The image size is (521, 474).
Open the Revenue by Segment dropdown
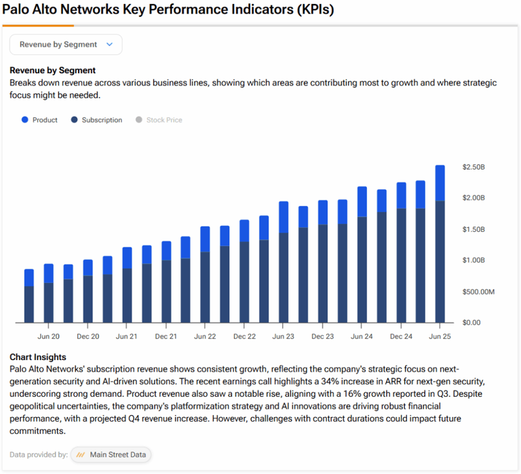click(66, 45)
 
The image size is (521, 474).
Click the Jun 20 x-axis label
click(48, 336)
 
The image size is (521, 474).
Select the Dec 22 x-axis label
click(244, 336)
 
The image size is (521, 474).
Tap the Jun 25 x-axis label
click(440, 336)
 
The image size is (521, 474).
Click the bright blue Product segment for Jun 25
click(440, 183)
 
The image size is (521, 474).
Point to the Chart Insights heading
click(38, 357)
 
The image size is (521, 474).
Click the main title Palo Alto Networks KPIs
click(168, 12)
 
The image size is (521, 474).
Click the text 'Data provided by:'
click(39, 455)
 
